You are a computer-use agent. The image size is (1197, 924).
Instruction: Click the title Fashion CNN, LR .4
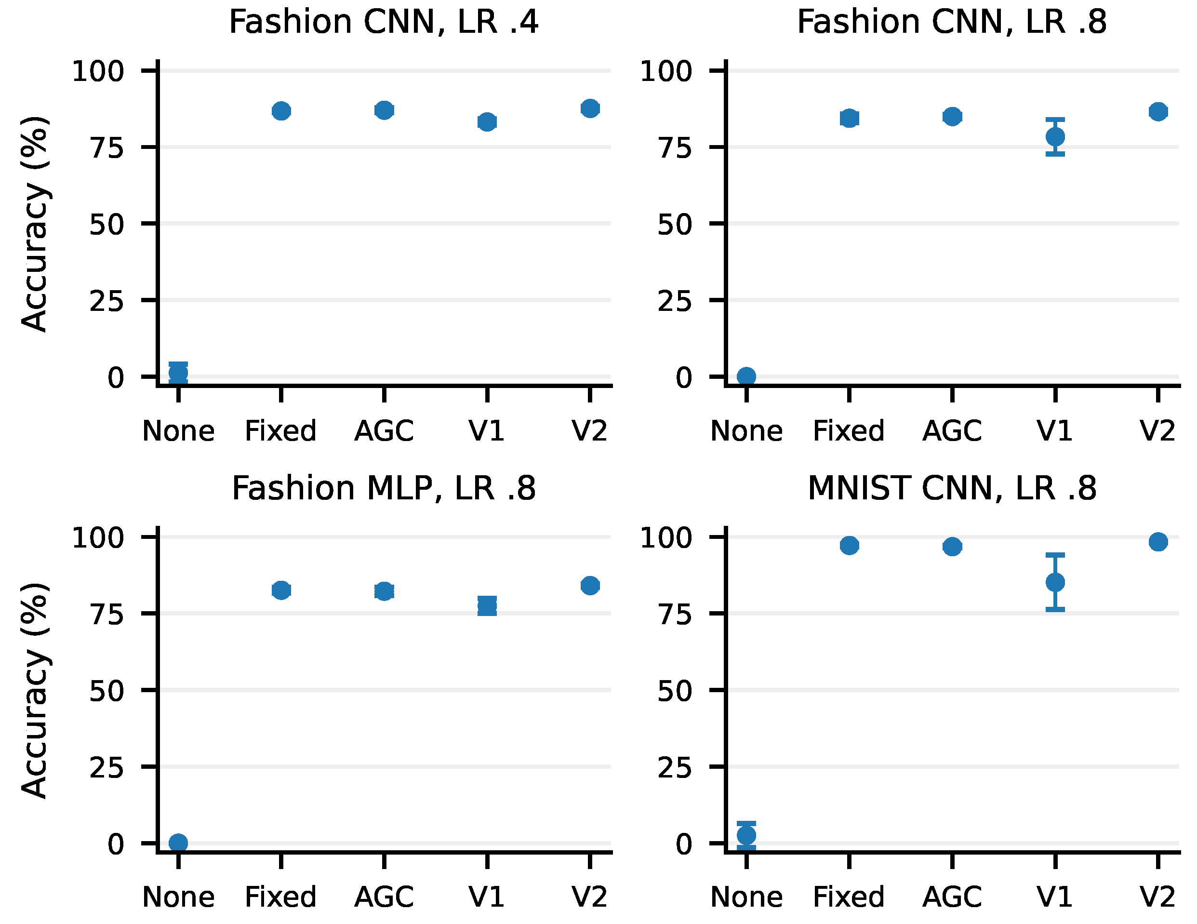[384, 23]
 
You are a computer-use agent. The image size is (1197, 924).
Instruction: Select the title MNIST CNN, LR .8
[952, 489]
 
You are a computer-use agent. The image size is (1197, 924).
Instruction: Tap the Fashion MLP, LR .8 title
[384, 489]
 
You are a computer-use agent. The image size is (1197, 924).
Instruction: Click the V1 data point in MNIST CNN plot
[1055, 582]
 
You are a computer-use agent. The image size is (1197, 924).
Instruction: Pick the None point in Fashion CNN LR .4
[178, 372]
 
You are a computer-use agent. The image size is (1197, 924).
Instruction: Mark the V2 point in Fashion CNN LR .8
[1157, 112]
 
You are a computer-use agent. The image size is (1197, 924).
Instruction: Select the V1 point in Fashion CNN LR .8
[1055, 136]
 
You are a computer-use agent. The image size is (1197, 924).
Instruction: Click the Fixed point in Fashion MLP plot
[281, 590]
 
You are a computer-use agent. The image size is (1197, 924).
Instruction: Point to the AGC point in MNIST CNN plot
[952, 546]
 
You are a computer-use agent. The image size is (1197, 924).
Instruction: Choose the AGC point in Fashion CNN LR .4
[384, 110]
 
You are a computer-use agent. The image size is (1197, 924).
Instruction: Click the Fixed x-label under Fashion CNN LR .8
[849, 431]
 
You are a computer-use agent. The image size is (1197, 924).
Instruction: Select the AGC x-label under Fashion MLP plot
[384, 897]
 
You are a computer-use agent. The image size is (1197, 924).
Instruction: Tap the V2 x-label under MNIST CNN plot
[1157, 897]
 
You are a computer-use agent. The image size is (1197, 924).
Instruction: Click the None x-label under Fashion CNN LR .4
[178, 431]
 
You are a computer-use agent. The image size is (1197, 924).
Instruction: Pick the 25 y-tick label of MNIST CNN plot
[675, 768]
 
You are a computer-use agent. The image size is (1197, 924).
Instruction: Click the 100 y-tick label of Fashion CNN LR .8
[666, 72]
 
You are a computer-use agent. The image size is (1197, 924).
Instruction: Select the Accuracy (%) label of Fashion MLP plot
[35, 690]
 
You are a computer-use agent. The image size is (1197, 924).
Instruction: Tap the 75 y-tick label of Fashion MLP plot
[107, 615]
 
